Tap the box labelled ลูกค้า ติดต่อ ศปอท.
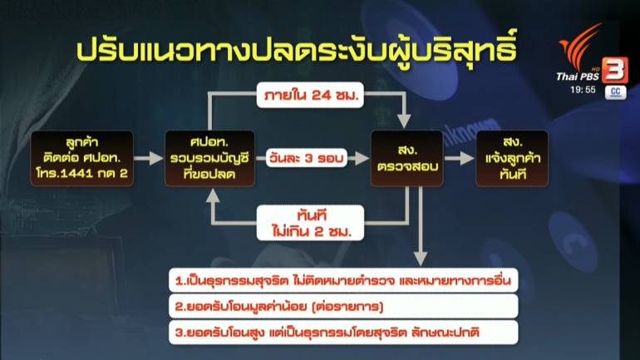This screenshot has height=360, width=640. [x=82, y=158]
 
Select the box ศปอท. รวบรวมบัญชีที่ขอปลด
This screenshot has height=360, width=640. [x=209, y=158]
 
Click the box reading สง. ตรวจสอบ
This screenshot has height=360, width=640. [x=407, y=158]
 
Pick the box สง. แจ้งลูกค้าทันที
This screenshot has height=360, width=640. [x=512, y=158]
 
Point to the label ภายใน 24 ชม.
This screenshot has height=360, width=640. [x=310, y=95]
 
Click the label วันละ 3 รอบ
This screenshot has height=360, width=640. [x=307, y=158]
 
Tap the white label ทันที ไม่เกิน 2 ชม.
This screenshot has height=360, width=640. [x=311, y=223]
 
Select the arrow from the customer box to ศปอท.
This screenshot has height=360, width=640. [x=149, y=158]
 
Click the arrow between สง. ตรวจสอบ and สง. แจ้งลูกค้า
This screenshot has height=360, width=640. [x=460, y=158]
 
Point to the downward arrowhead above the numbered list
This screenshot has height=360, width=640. [x=421, y=259]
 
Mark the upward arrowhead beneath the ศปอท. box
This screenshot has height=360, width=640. [x=213, y=195]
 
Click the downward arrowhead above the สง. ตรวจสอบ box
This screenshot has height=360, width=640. [x=404, y=121]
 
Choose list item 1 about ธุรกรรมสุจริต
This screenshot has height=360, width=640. [x=343, y=280]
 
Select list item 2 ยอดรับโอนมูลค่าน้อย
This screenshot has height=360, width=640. [x=343, y=307]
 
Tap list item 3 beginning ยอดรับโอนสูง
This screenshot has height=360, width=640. [x=343, y=333]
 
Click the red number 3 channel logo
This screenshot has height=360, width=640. [x=615, y=70]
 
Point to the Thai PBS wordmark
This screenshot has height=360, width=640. [x=577, y=76]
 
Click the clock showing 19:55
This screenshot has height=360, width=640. [x=583, y=90]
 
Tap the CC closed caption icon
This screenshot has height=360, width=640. [x=616, y=92]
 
